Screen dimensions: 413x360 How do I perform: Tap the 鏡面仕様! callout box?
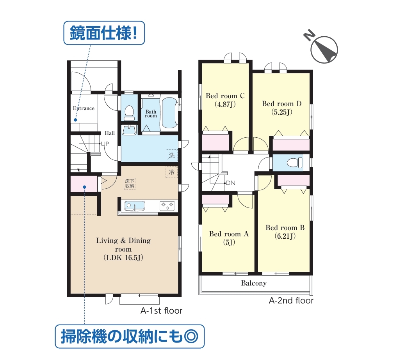104,33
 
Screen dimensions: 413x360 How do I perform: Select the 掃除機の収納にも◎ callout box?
130,336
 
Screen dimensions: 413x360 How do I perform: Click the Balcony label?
254,283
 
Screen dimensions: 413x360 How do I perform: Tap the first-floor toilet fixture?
129,113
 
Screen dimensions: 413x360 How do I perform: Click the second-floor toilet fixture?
294,163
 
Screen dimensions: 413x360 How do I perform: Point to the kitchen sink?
135,206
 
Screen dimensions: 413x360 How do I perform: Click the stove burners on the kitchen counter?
167,206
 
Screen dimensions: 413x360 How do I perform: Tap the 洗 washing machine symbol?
172,155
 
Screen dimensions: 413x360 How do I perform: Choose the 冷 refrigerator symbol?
171,172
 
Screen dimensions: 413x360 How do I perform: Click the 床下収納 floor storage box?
130,184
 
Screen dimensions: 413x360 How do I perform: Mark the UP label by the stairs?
105,144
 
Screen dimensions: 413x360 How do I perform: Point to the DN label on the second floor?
230,183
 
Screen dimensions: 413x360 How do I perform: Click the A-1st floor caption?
161,311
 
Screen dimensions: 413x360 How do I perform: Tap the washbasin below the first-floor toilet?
129,130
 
